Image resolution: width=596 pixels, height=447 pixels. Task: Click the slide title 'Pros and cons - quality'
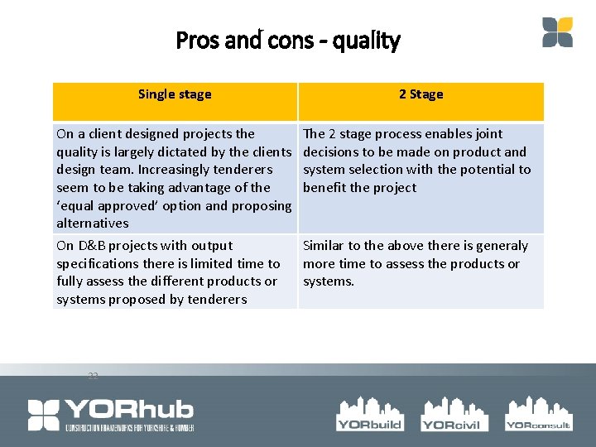coord(288,41)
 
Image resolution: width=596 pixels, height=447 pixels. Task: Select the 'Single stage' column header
coord(175,94)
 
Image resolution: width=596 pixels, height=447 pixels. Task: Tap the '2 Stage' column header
coord(421,94)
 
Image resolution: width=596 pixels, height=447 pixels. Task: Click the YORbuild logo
coord(369,413)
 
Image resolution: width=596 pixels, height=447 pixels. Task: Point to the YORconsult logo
coord(538,413)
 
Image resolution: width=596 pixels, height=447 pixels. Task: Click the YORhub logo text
coord(129,409)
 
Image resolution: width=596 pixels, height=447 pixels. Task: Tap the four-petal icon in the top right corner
coord(557,32)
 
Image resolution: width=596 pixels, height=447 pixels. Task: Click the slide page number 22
coord(93,377)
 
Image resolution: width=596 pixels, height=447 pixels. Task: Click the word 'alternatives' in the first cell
coord(93,223)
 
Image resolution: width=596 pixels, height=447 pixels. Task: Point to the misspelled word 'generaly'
coord(501,246)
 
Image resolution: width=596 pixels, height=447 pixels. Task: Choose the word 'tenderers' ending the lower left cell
coord(219,300)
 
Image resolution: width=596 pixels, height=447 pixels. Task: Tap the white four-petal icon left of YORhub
coord(44,415)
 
